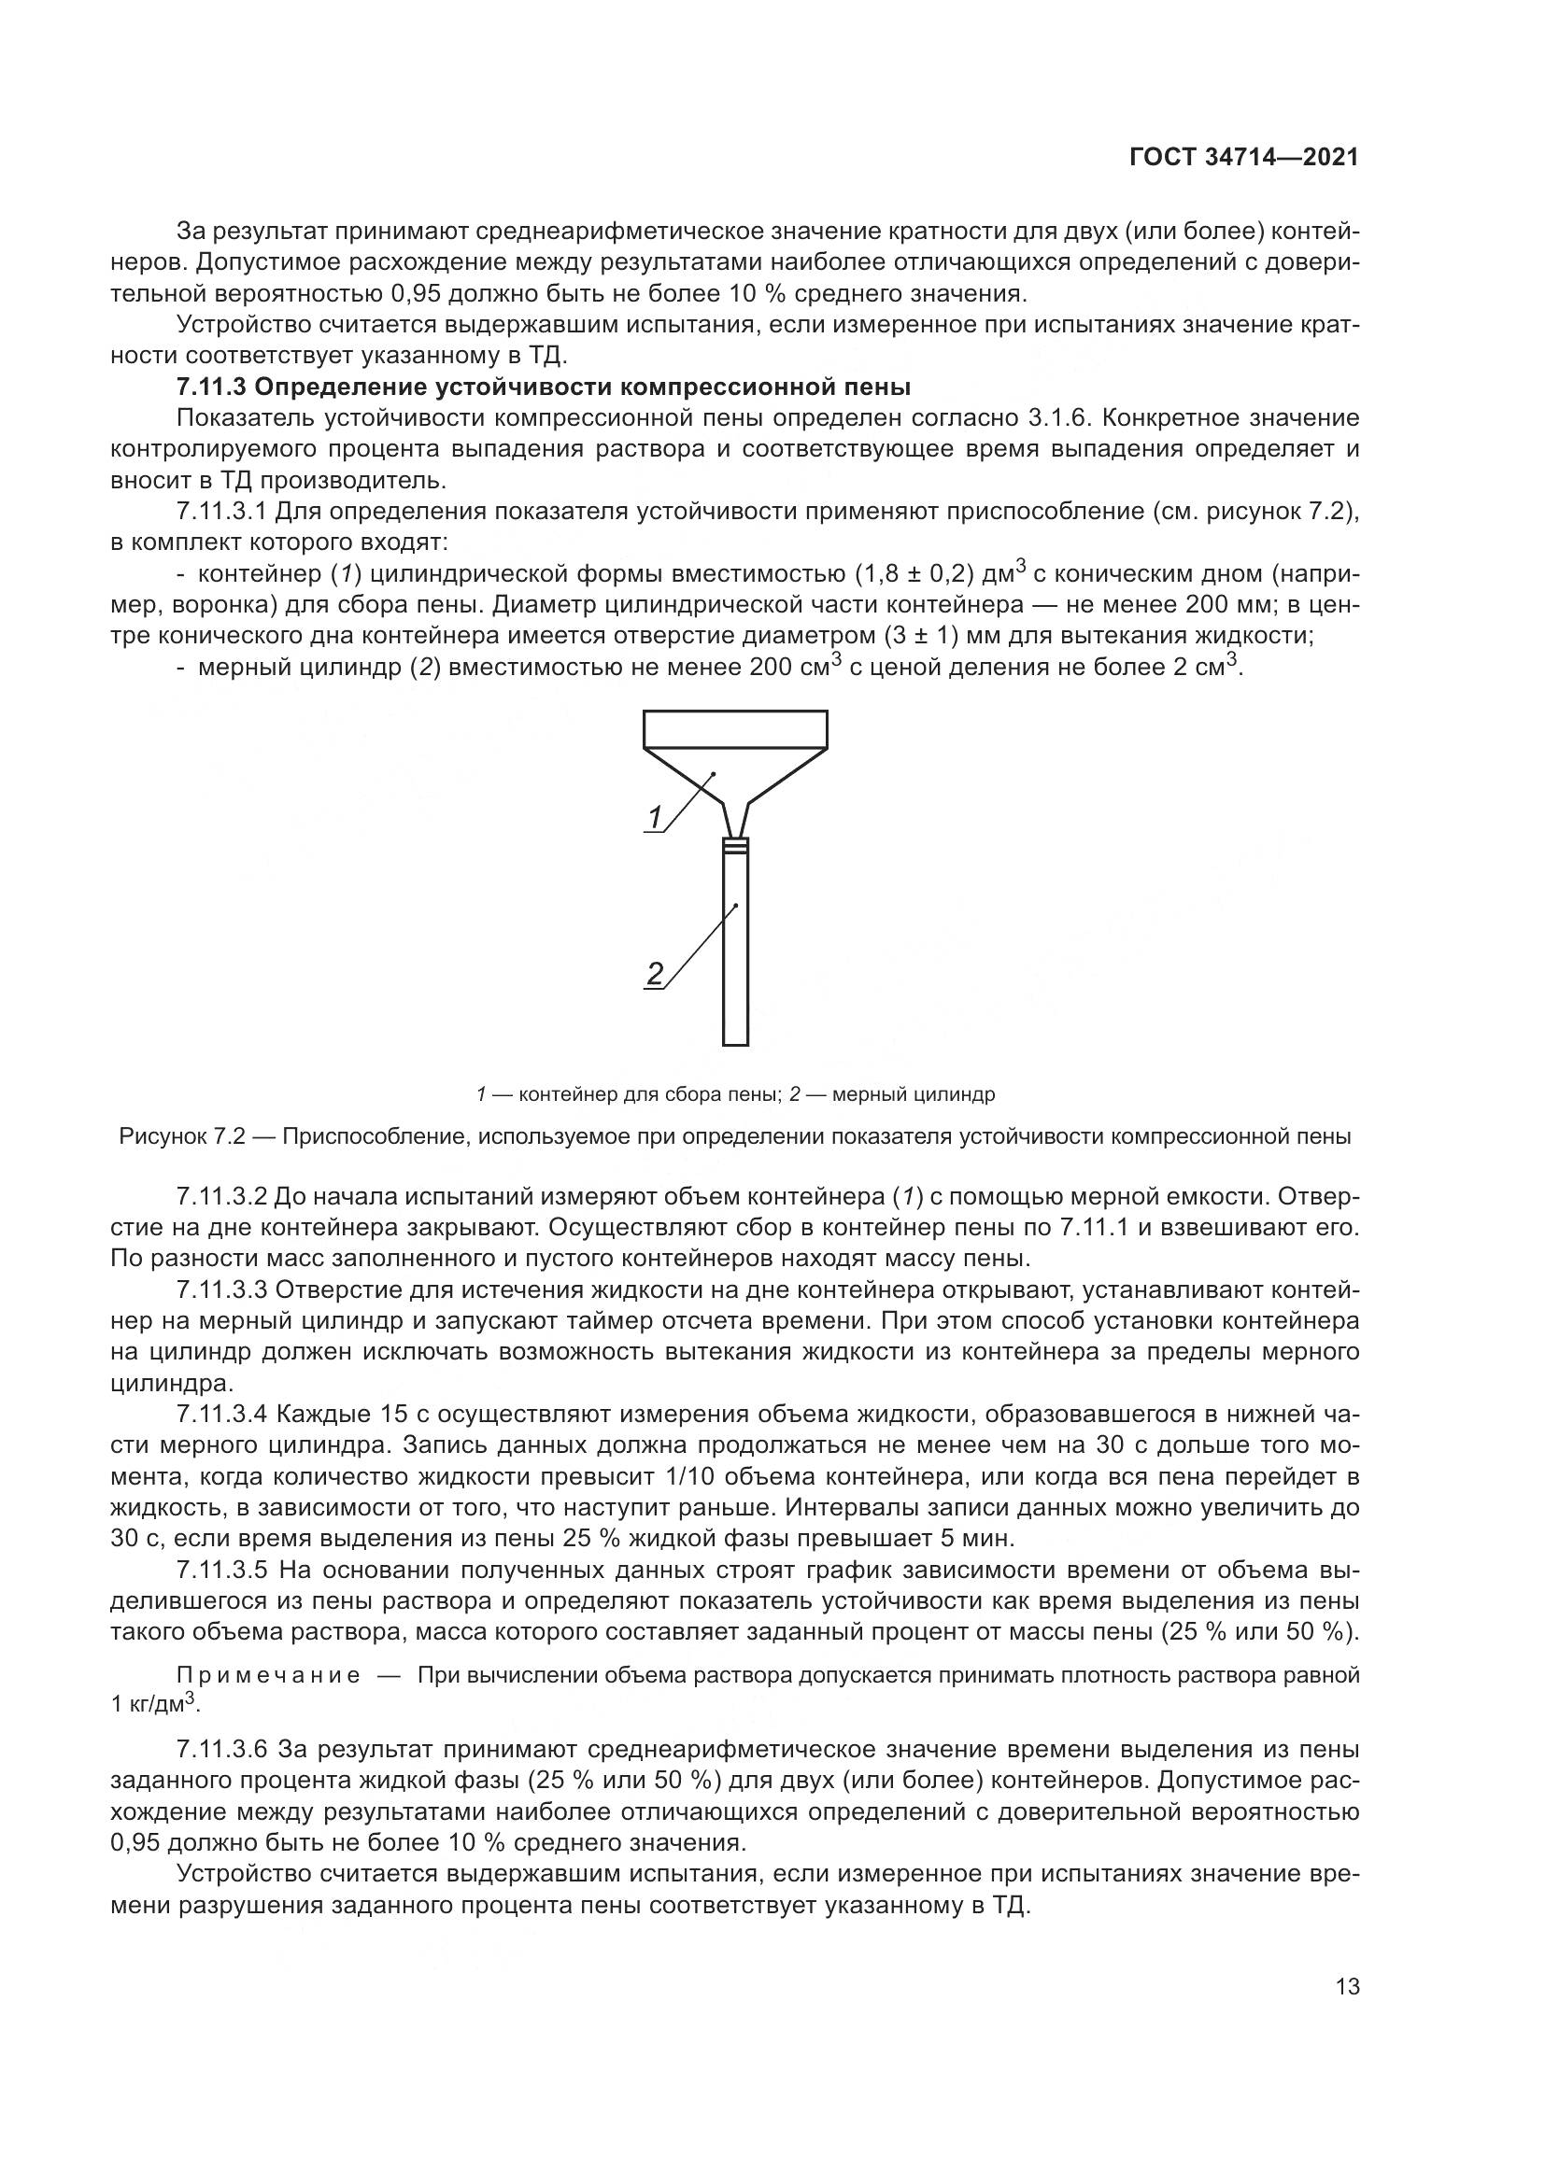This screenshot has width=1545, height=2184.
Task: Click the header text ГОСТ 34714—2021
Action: [1243, 157]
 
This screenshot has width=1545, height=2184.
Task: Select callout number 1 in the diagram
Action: [655, 816]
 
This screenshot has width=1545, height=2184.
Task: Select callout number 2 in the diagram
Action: [655, 973]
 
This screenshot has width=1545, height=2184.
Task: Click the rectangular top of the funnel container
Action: [735, 728]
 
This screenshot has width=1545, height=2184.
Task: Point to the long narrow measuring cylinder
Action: [736, 951]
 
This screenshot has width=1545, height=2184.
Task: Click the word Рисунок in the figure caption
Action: [157, 1136]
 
